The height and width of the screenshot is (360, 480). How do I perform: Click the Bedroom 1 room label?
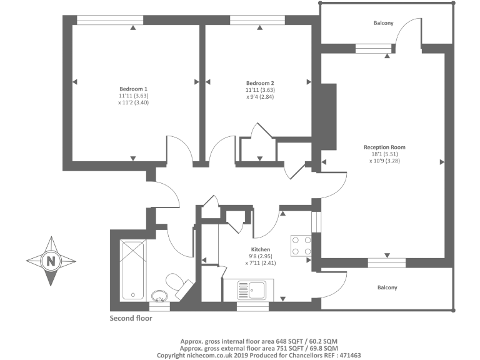coord(133,89)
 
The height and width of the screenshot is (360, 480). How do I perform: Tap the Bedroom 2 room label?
coord(260,83)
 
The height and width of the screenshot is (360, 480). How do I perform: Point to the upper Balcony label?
coord(384,23)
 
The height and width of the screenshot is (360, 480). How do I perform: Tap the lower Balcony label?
coord(387,287)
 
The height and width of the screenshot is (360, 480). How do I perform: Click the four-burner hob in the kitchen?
coord(301,246)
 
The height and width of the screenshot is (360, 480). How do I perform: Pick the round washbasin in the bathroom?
coord(160,295)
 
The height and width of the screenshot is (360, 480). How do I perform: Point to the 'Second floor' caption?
coord(131,317)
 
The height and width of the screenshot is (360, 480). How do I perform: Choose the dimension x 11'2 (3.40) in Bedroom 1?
coord(133,102)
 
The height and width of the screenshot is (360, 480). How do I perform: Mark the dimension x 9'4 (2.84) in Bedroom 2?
coord(260,97)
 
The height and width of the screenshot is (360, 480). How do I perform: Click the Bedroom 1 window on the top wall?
coord(109,19)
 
